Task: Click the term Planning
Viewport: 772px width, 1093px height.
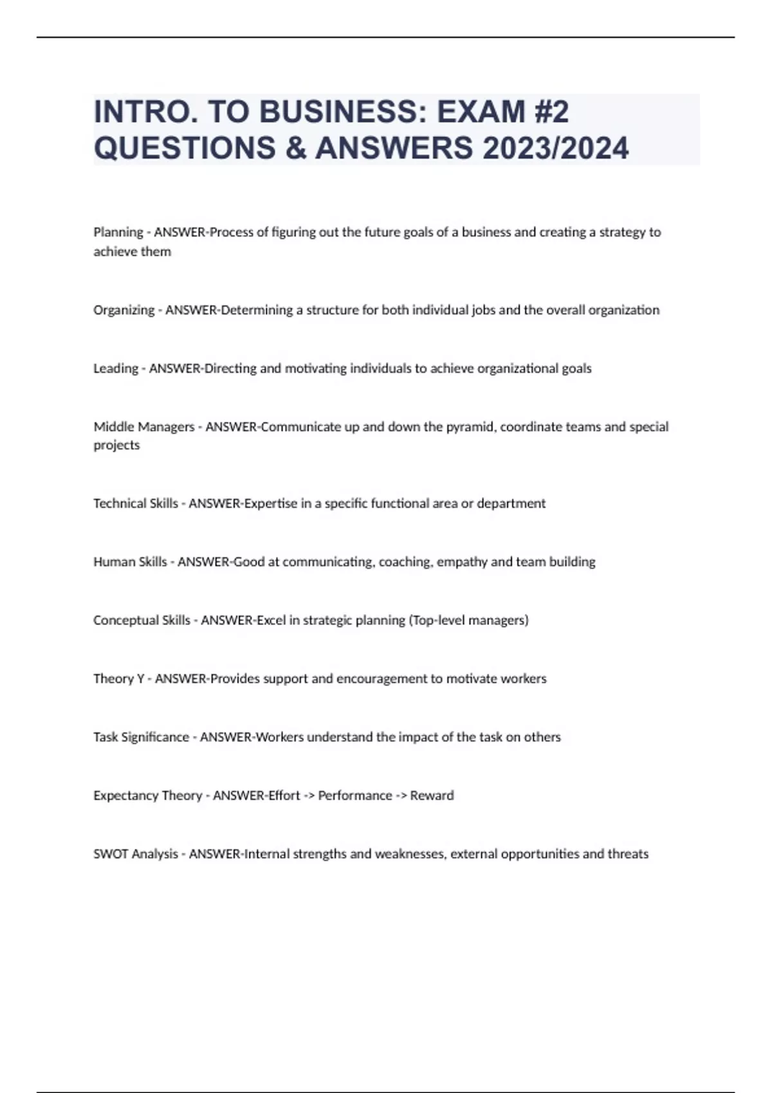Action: (118, 232)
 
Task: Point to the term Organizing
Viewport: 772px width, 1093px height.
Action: (124, 310)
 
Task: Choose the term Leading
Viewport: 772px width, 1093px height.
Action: (116, 368)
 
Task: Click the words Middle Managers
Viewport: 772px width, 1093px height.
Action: (143, 427)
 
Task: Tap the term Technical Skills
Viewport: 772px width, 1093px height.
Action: (135, 503)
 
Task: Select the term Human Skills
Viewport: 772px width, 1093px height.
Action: (130, 562)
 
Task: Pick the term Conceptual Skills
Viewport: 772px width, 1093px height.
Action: (142, 620)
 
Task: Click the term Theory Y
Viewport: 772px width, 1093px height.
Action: (119, 679)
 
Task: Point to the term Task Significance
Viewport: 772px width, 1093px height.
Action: (141, 737)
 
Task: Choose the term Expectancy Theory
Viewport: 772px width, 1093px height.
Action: (147, 796)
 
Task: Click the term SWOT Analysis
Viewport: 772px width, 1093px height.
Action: (135, 854)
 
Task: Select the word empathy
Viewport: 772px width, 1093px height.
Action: (462, 562)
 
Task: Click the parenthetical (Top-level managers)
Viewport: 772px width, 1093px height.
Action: (468, 620)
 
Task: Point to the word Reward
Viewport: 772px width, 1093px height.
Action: (432, 796)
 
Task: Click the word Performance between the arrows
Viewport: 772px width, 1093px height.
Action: (355, 796)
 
